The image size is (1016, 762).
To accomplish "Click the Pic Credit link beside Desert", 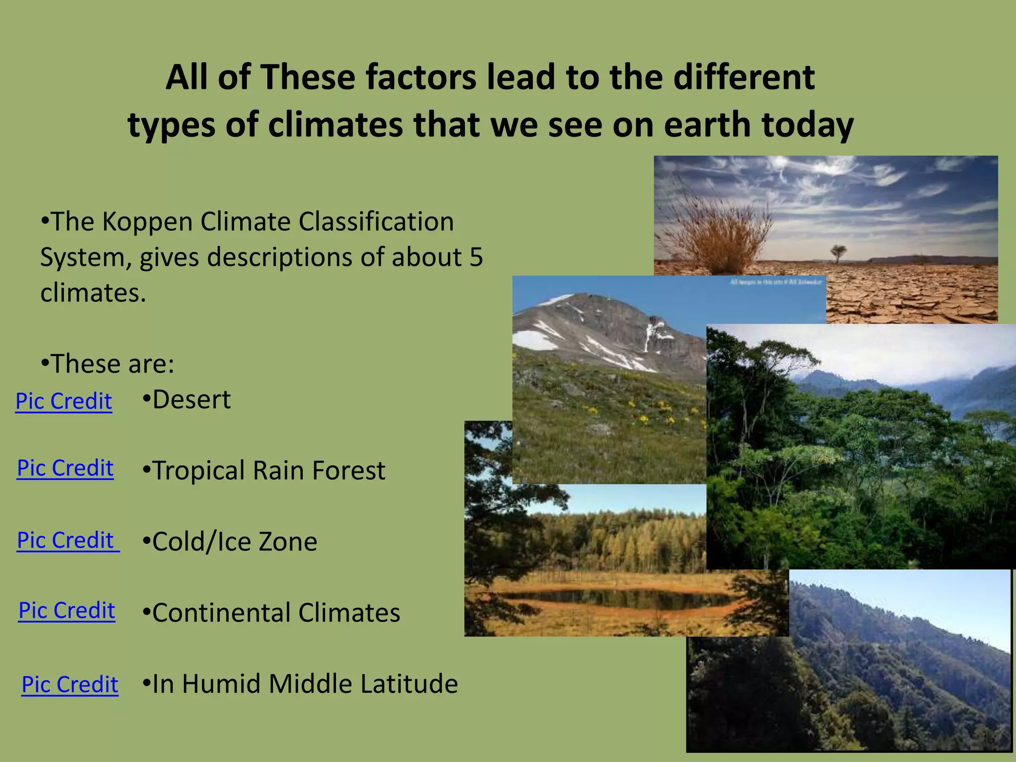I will coord(63,401).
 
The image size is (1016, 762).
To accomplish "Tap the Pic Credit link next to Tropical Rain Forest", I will coord(65,468).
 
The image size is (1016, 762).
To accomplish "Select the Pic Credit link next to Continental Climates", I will coord(67,610).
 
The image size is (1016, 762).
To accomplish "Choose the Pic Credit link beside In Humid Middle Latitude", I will coord(70,685).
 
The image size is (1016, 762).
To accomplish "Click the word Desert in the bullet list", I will coord(191,399).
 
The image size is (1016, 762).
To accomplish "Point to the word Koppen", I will coord(147,221).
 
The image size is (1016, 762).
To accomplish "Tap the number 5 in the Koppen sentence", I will coord(476,257).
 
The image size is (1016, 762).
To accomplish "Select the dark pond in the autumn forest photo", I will coord(615,599).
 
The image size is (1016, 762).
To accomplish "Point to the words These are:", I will coord(113,364).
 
